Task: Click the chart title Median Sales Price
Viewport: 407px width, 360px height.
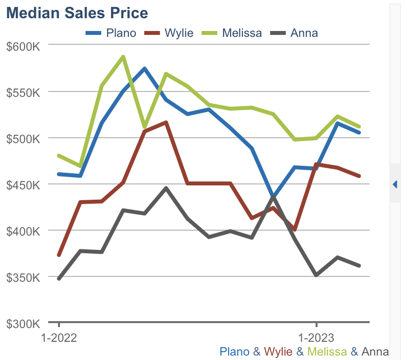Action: pos(77,13)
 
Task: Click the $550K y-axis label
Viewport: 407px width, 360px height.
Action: pos(23,92)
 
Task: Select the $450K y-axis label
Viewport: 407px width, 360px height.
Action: pos(23,185)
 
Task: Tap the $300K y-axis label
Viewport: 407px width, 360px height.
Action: pos(23,324)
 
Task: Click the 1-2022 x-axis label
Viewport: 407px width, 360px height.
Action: pos(59,338)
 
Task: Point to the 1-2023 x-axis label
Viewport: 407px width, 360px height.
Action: pos(316,338)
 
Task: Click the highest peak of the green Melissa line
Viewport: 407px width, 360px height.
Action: pos(123,57)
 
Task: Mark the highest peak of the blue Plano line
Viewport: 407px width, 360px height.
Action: pos(145,68)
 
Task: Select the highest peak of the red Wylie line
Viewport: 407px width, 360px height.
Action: pos(166,122)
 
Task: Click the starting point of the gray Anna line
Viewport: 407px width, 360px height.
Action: pos(59,279)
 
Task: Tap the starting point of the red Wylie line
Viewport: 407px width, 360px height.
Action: pos(59,255)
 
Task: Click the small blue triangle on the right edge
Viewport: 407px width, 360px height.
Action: pos(395,184)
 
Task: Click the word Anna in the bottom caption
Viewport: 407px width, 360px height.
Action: pos(375,352)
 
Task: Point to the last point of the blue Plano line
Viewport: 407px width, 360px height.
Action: pos(359,133)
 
